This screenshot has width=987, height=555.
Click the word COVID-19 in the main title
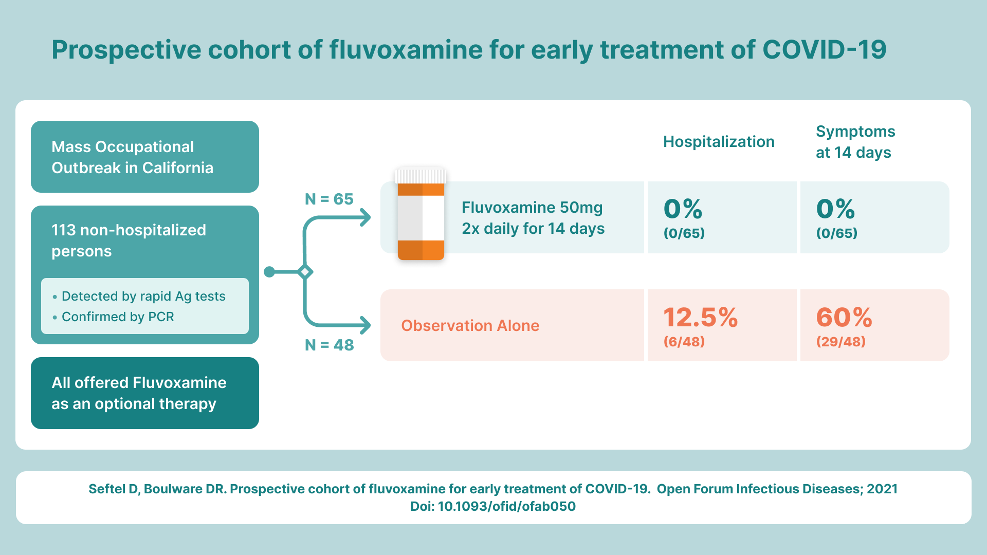point(825,50)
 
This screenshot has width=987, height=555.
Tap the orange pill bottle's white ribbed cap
point(421,176)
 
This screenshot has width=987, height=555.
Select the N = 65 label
point(329,199)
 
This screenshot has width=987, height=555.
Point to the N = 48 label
point(329,345)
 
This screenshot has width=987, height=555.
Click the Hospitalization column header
point(719,142)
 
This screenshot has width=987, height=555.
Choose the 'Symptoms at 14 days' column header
point(855,142)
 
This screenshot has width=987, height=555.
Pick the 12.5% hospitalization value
point(700,317)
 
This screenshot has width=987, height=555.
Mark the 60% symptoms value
point(844,317)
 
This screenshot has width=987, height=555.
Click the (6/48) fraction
point(684,342)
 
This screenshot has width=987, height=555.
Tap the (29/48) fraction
point(841,342)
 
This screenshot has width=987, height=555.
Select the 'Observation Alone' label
point(470,326)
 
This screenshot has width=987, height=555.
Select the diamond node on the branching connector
point(305,272)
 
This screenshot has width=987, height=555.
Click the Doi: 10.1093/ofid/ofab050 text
point(493,507)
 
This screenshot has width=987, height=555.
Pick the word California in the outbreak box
point(178,168)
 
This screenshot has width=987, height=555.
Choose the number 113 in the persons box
point(63,230)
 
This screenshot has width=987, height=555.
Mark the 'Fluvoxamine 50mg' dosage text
point(532,208)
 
